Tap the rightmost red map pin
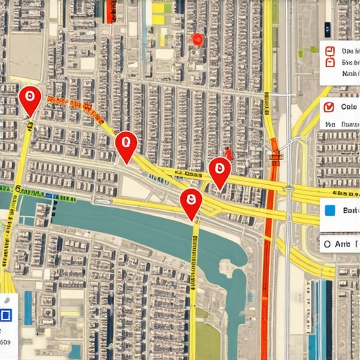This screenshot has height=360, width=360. tap(219, 171)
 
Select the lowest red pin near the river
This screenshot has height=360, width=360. tap(191, 202)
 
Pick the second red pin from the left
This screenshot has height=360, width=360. tap(126, 146)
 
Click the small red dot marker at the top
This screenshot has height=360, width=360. tap(198, 39)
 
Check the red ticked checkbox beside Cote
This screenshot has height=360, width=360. tap(328, 108)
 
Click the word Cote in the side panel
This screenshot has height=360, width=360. tap(349, 107)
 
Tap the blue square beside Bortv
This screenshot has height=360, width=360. tap(329, 210)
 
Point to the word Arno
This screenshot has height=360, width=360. tap(343, 243)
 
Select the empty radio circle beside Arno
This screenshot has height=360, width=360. tap(325, 244)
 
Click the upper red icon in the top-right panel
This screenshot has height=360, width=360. tap(328, 50)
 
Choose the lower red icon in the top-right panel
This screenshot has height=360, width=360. tap(328, 62)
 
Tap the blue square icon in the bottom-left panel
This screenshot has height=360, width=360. tap(6, 315)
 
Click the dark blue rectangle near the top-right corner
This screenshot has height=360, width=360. tap(327, 29)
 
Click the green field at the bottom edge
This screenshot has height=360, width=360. tap(207, 341)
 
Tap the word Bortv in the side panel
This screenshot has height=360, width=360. tap(350, 210)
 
